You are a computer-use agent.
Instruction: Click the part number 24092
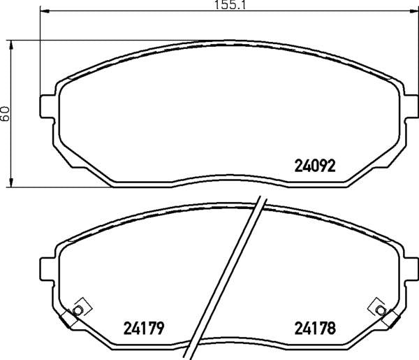tap(314, 166)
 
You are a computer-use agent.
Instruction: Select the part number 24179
tap(143, 329)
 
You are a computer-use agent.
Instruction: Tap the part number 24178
tap(315, 328)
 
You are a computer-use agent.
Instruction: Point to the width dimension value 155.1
tap(230, 5)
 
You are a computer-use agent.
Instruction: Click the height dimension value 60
tap(5, 113)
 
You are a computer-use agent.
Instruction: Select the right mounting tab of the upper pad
tap(411, 106)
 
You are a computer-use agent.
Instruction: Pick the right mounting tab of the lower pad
tap(411, 269)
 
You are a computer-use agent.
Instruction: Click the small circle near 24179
tap(78, 310)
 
